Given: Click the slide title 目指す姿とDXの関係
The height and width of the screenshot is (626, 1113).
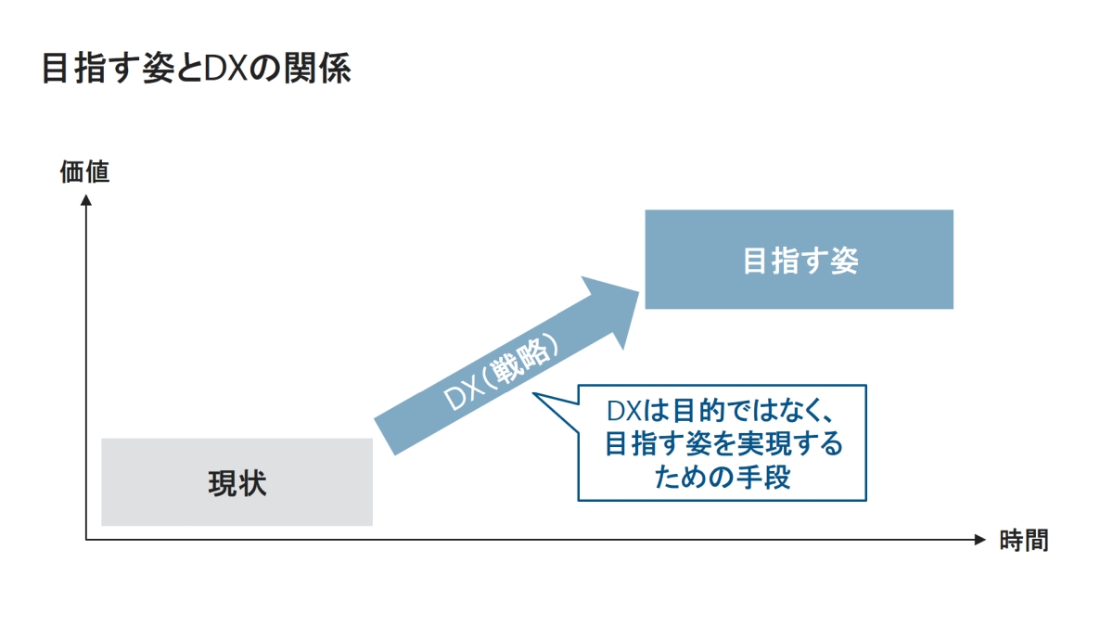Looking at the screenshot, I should tap(196, 70).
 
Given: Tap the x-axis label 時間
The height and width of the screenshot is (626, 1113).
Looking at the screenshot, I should tap(1024, 541).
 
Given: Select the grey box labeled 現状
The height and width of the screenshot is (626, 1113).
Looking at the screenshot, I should tap(237, 482).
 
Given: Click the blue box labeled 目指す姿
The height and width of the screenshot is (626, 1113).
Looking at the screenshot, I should tap(799, 260).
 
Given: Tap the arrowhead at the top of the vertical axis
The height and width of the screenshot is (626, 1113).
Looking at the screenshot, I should tap(86, 200).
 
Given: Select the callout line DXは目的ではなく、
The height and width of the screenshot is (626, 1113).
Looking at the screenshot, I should tap(723, 411).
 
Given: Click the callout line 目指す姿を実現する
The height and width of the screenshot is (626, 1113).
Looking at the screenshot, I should tap(723, 444).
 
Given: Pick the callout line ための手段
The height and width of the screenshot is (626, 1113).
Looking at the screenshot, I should tap(723, 477).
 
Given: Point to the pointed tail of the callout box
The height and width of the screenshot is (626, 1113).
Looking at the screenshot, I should tap(538, 396).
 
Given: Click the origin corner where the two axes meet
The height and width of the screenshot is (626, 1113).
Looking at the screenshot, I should tap(86, 540).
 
